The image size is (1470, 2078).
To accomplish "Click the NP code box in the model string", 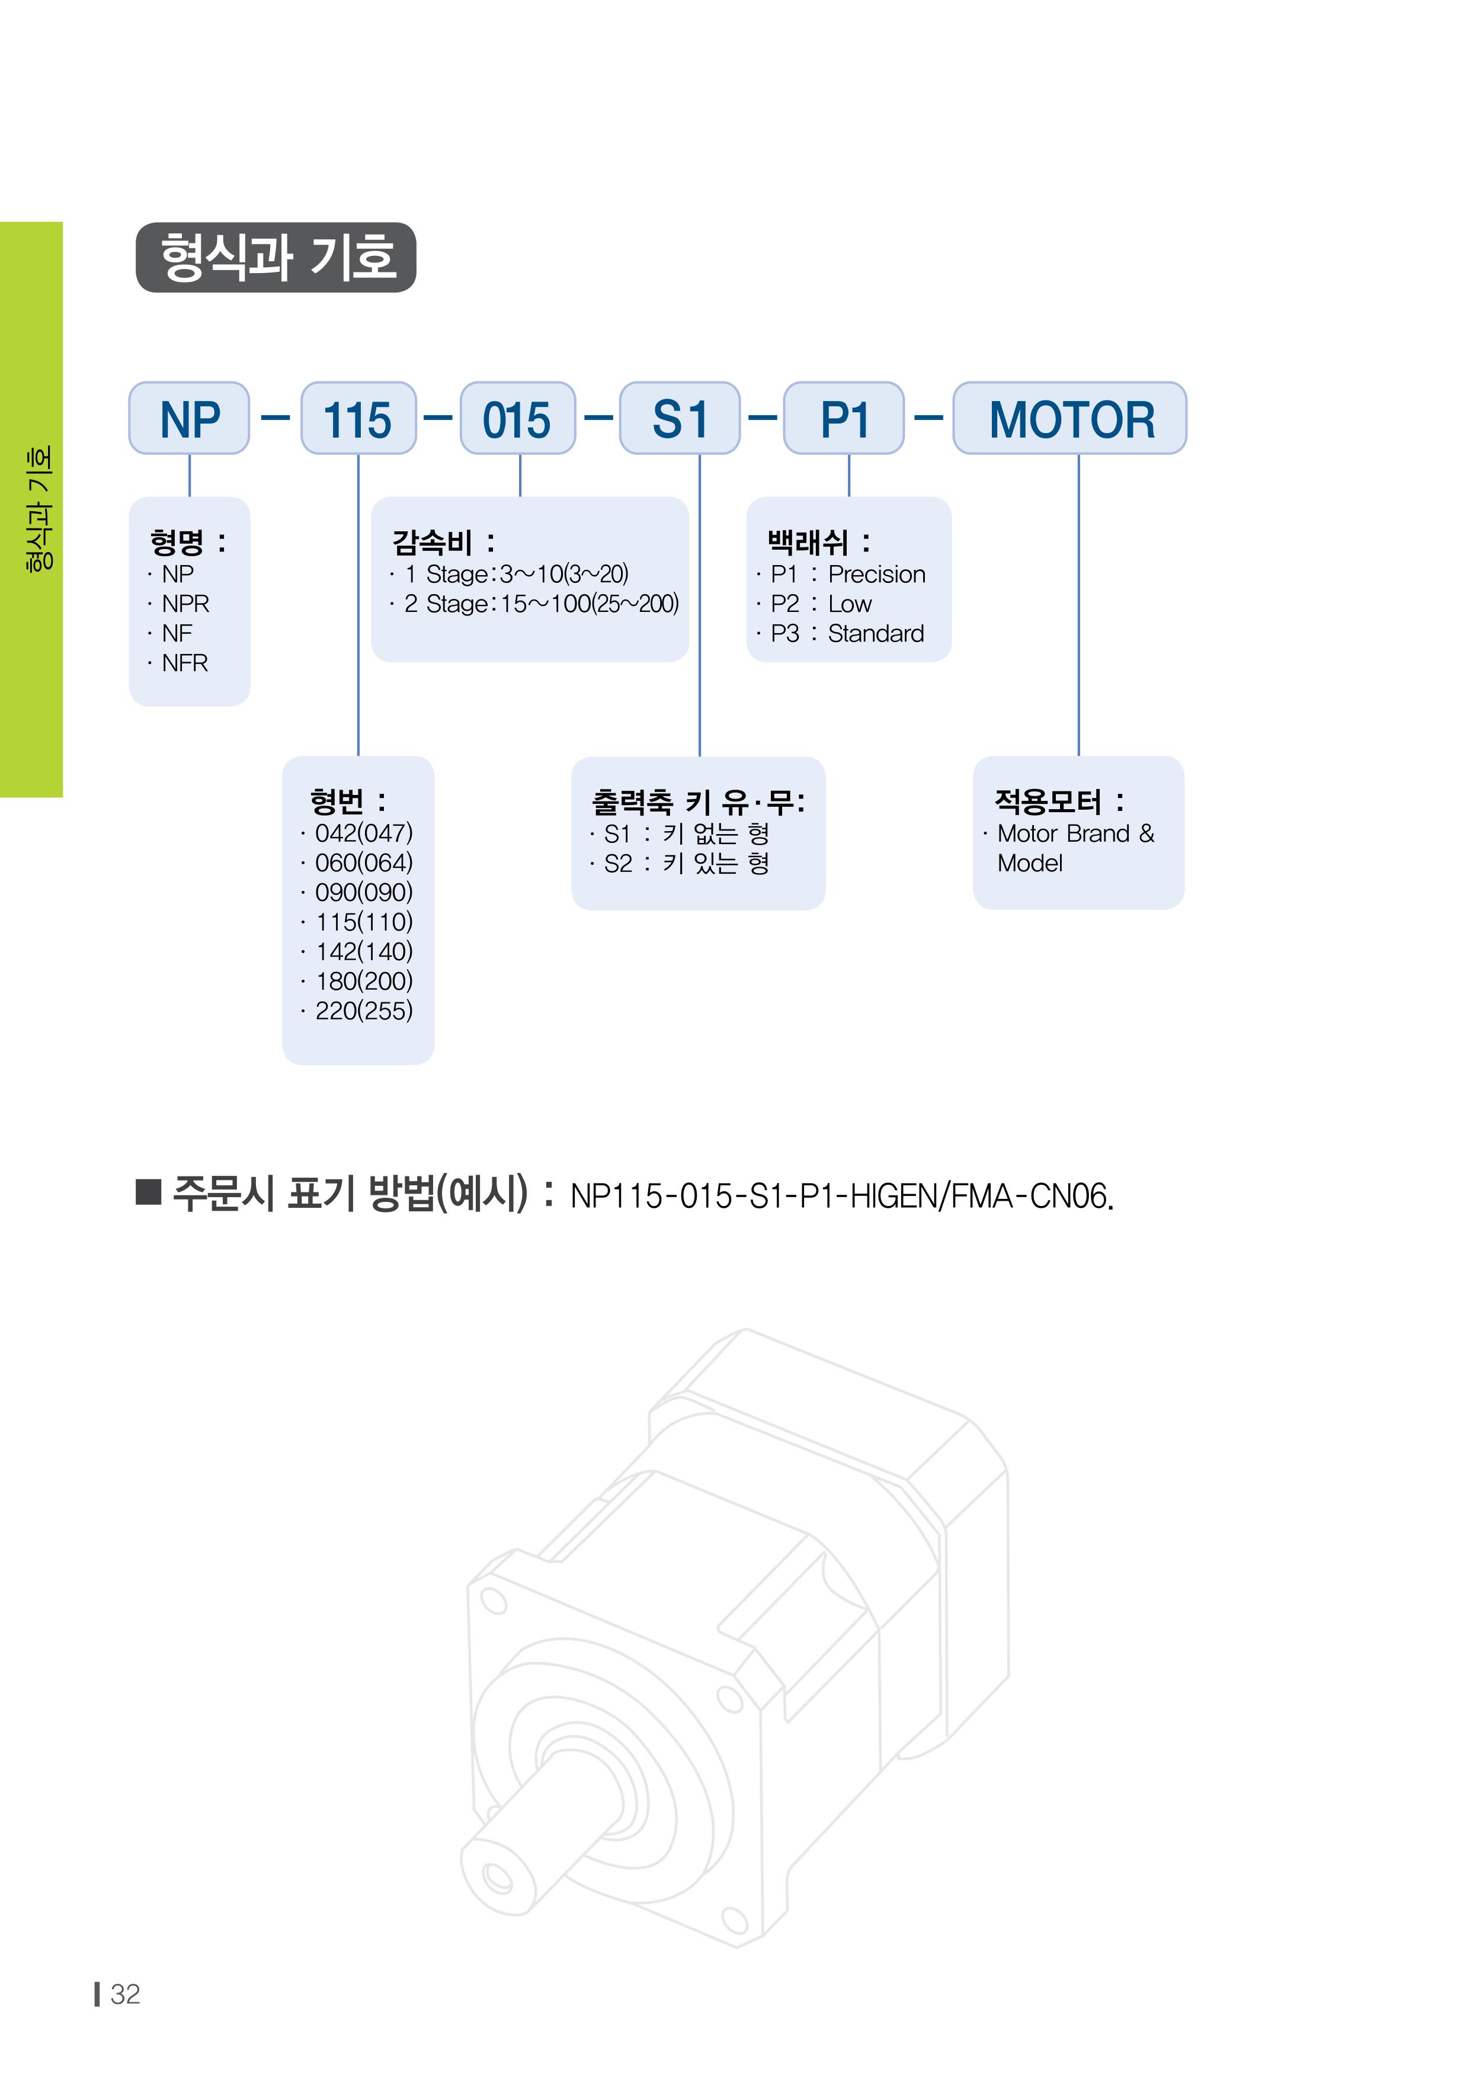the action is click(x=189, y=418).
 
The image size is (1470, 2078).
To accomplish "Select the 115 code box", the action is click(x=358, y=418).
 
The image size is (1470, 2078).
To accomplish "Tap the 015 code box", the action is click(x=518, y=418).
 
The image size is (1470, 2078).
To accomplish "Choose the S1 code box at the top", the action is click(x=680, y=418).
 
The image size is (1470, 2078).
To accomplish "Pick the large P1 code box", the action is click(x=844, y=418).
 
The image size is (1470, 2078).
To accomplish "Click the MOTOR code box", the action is click(x=1070, y=418).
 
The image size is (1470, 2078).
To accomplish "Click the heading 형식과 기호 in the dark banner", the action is click(x=278, y=257).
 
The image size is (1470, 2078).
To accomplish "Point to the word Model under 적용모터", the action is click(x=1030, y=864).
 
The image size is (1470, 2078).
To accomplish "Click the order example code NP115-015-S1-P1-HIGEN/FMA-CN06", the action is click(x=842, y=1197).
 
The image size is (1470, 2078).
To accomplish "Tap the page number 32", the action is click(x=125, y=1994).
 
